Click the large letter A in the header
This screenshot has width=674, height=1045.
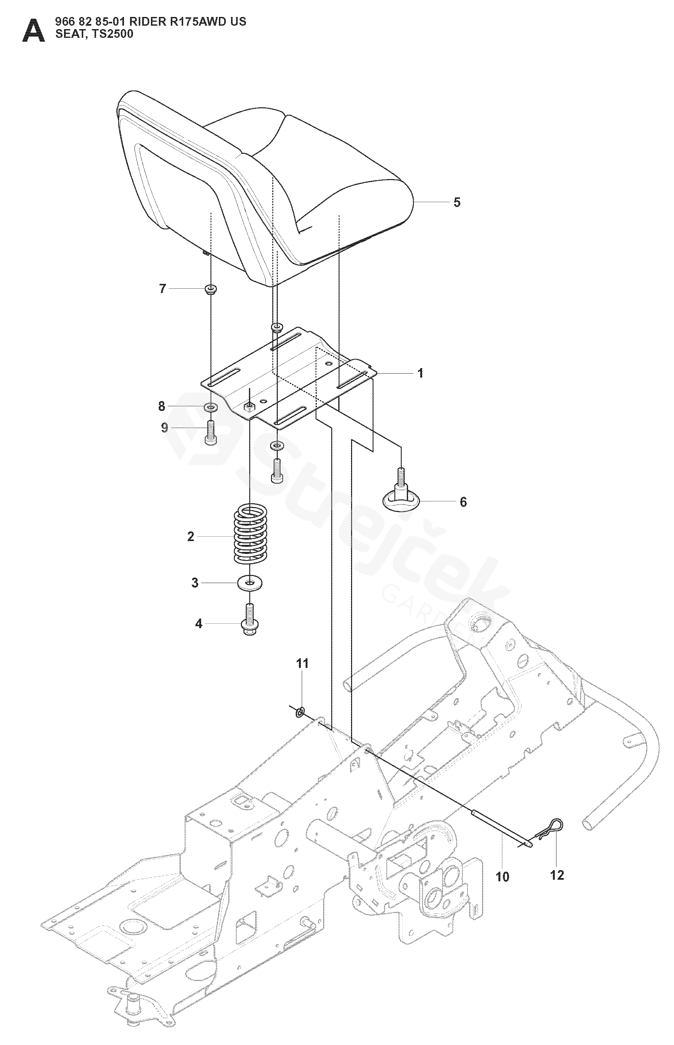[33, 31]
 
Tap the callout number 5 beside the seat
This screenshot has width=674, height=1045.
[456, 202]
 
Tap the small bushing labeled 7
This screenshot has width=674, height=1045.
[211, 289]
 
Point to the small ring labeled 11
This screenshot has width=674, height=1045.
[300, 712]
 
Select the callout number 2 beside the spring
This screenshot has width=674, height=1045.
[190, 537]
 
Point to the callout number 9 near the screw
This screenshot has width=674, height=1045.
[165, 428]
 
